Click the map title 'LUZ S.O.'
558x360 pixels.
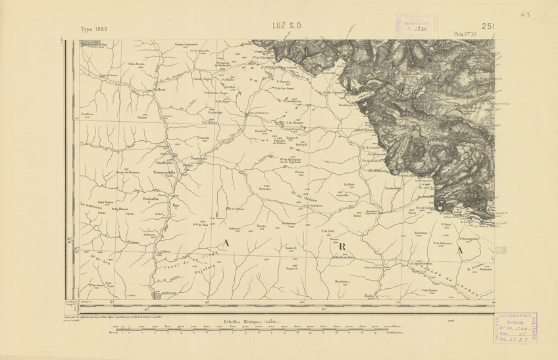click(287, 26)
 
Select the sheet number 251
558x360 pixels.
click(488, 26)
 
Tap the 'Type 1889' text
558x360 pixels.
click(94, 30)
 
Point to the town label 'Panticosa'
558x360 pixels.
click(182, 159)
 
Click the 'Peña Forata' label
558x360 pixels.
click(136, 64)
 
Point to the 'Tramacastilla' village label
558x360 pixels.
click(166, 172)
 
